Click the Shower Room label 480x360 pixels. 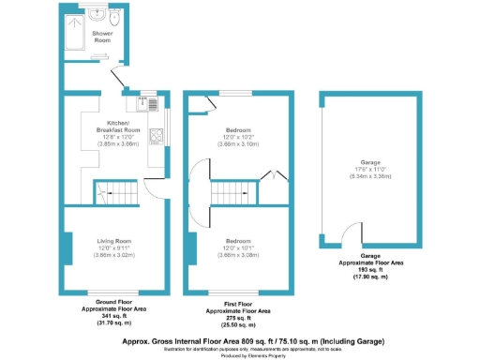click(102, 37)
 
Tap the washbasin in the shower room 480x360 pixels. click(98, 16)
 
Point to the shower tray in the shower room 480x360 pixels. click(76, 37)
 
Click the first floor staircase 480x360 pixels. click(231, 194)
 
